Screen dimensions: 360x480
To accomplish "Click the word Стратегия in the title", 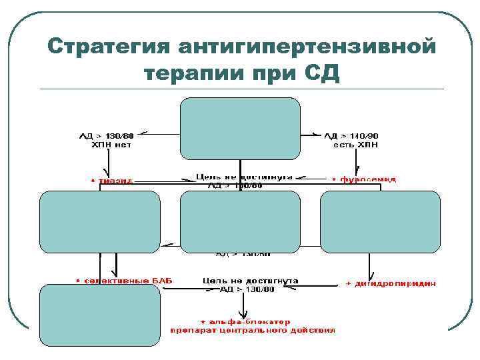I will (x=108, y=47).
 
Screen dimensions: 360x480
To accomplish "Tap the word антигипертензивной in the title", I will (x=307, y=47).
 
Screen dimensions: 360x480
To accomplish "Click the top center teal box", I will (x=240, y=129).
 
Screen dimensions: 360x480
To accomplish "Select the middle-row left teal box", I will (x=100, y=221).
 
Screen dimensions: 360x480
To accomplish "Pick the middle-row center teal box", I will (x=240, y=221).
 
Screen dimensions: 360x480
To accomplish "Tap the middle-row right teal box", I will (x=380, y=221).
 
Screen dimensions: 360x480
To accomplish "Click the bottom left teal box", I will (x=100, y=315).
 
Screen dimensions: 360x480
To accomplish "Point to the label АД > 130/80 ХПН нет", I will (x=106, y=139).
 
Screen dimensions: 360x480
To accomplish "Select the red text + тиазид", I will (x=111, y=180).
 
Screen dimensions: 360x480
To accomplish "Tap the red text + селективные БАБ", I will (x=123, y=281).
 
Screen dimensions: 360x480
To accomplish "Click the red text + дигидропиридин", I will (x=391, y=283).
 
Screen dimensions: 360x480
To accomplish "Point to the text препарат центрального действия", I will (x=253, y=330).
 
